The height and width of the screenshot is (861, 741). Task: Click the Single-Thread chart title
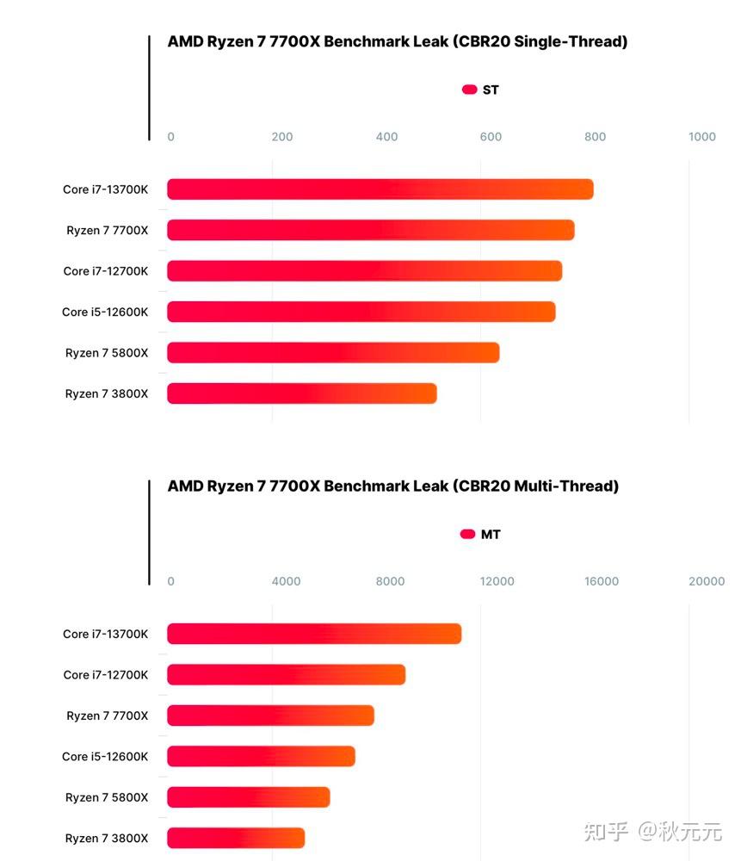pos(397,41)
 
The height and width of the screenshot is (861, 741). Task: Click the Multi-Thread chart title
pos(392,486)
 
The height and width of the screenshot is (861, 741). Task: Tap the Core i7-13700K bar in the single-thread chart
pos(380,189)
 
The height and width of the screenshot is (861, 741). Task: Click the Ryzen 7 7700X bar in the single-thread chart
pos(370,230)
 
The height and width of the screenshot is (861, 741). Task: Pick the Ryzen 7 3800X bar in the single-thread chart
pos(301,393)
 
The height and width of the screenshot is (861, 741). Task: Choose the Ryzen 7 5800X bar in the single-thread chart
pos(332,352)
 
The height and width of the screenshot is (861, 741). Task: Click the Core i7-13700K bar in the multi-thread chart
pos(313,634)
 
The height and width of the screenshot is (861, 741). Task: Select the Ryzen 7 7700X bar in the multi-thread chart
pos(270,715)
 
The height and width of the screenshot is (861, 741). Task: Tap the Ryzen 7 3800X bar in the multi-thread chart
pos(235,838)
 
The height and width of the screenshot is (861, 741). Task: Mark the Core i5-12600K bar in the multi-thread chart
pos(261,756)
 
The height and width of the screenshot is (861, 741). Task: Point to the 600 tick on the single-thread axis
pos(491,137)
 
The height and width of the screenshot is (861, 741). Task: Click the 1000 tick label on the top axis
pos(702,137)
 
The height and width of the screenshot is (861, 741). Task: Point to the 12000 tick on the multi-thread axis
pos(497,581)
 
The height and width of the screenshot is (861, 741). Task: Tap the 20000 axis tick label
pos(706,581)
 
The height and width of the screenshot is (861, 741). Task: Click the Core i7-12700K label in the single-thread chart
pos(105,271)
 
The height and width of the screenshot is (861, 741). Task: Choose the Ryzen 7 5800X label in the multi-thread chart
pos(106,797)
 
